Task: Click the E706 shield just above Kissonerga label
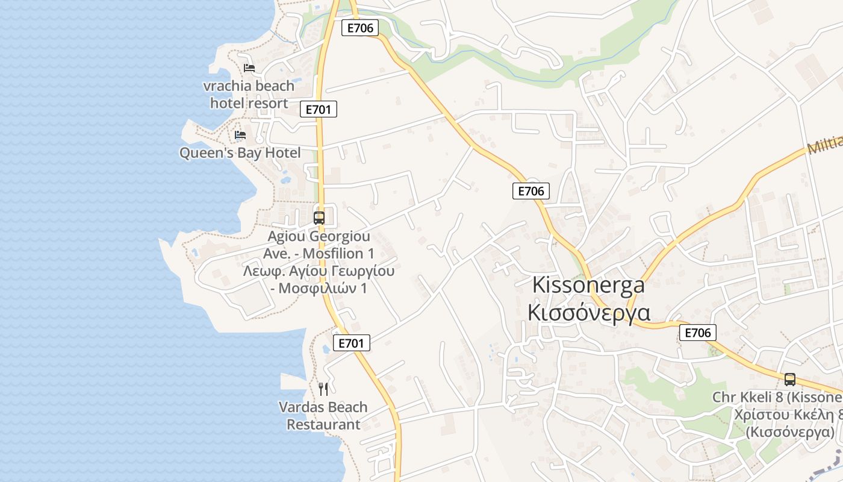coord(530,191)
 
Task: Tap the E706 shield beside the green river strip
coord(359,27)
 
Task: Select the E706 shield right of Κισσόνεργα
coord(698,332)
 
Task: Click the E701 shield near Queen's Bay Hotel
coord(318,109)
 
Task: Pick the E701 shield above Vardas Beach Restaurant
coord(351,343)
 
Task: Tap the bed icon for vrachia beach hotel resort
coord(249,68)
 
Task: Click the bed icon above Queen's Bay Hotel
coord(240,134)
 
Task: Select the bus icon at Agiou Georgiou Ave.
coord(319,218)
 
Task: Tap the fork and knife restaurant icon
coord(323,389)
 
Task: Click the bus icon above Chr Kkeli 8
coord(789,380)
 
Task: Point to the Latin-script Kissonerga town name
coord(588,285)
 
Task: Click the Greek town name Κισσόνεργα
coord(588,313)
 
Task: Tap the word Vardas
coord(301,407)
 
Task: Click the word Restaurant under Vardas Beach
coord(323,424)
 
